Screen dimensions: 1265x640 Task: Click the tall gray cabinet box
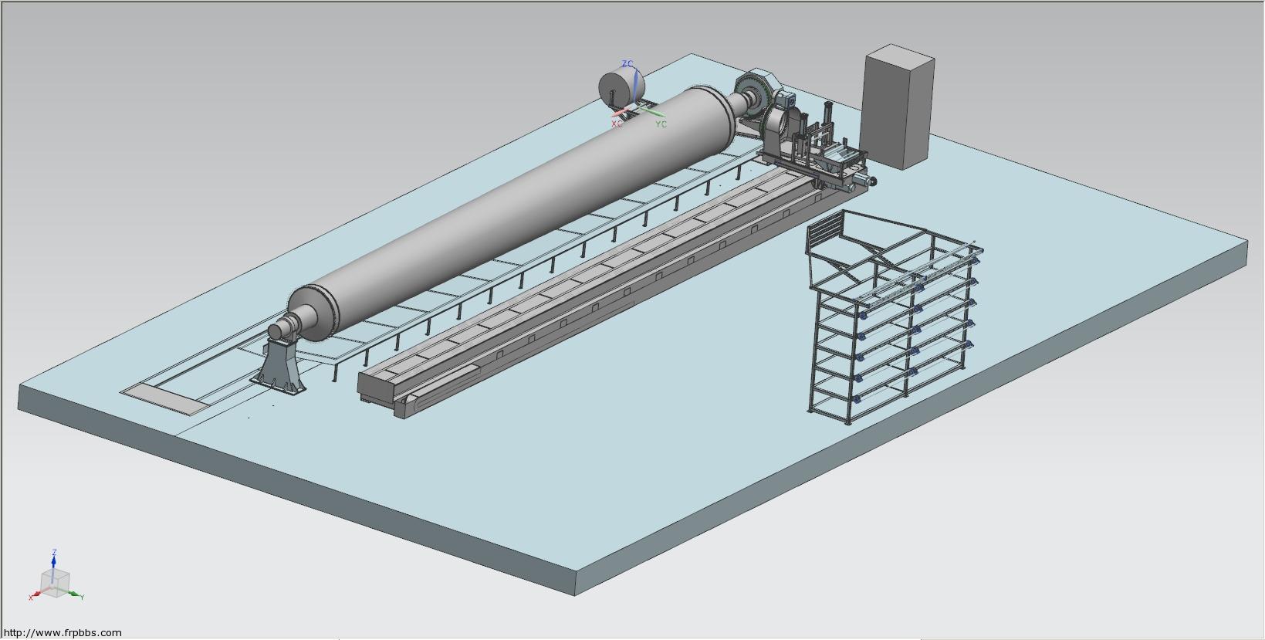[x=897, y=107]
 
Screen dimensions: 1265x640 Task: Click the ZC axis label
[x=627, y=64]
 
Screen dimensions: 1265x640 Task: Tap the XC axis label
[x=617, y=124]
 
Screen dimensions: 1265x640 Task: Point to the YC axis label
[x=661, y=124]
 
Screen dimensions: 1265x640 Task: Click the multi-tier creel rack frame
[x=892, y=317]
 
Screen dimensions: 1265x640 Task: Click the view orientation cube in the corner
[x=55, y=584]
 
